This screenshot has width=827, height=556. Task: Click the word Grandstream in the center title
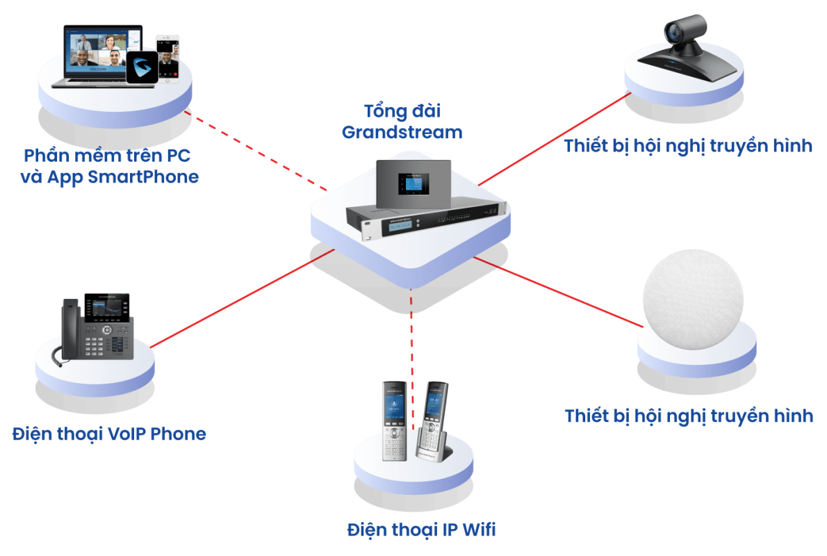pyautogui.click(x=402, y=131)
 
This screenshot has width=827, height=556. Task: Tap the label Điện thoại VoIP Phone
pyautogui.click(x=109, y=434)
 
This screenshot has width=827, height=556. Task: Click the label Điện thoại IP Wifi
pyautogui.click(x=422, y=530)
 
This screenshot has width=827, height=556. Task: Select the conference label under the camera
pyautogui.click(x=688, y=146)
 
